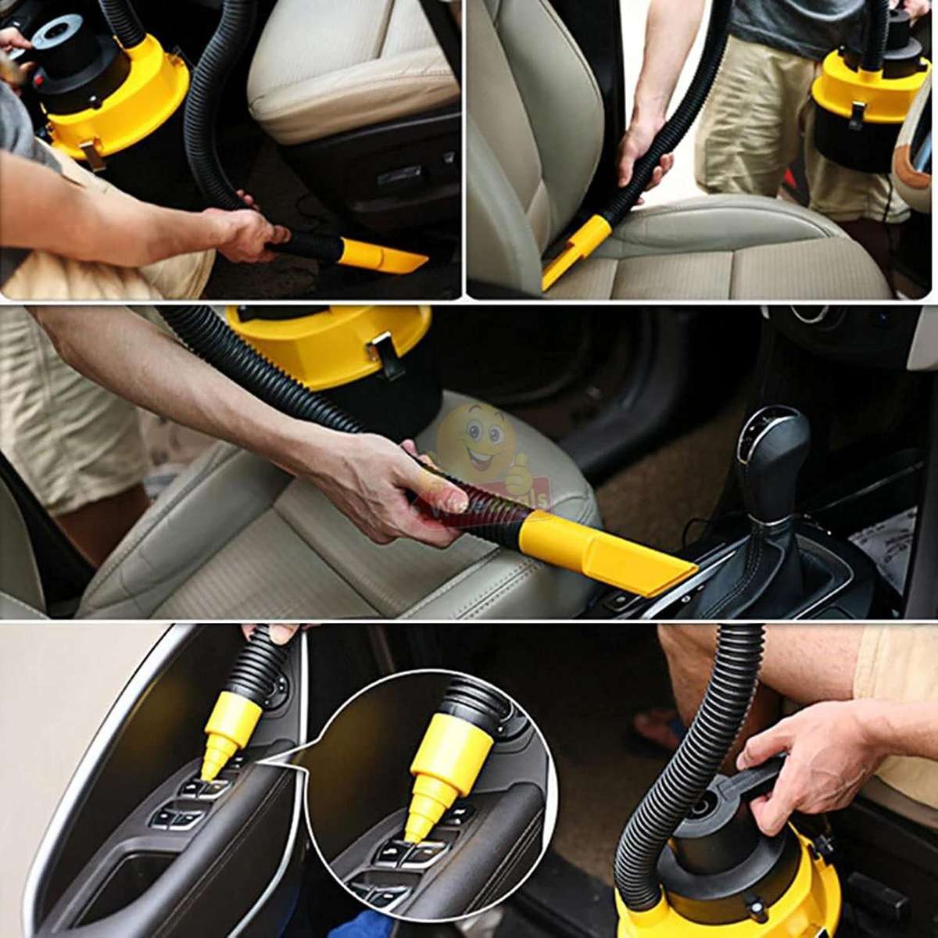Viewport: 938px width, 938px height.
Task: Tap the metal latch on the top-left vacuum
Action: click(x=92, y=156)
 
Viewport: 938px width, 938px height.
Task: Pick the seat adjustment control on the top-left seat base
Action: click(x=400, y=176)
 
